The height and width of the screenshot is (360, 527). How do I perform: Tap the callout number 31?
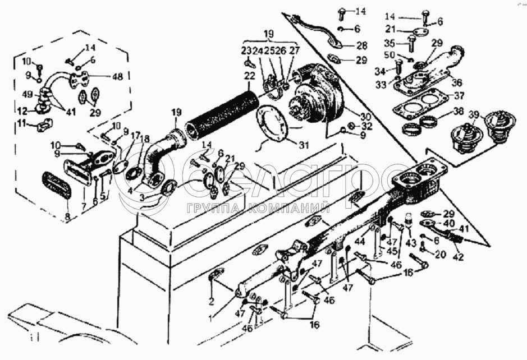304,145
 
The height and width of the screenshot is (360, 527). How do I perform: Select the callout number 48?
117,77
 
